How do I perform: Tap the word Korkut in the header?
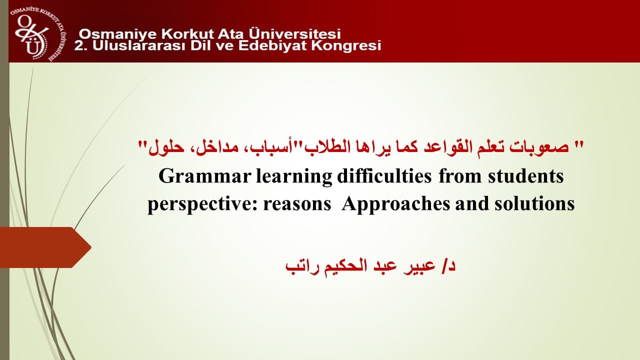(x=187, y=34)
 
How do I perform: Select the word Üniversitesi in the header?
(x=294, y=33)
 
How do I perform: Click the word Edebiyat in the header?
(x=273, y=45)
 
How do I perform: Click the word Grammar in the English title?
(x=204, y=176)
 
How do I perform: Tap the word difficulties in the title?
(x=384, y=176)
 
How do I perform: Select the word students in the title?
(x=525, y=176)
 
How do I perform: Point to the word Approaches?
(x=395, y=204)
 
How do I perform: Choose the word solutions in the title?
(x=534, y=203)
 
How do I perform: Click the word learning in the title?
(x=294, y=177)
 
